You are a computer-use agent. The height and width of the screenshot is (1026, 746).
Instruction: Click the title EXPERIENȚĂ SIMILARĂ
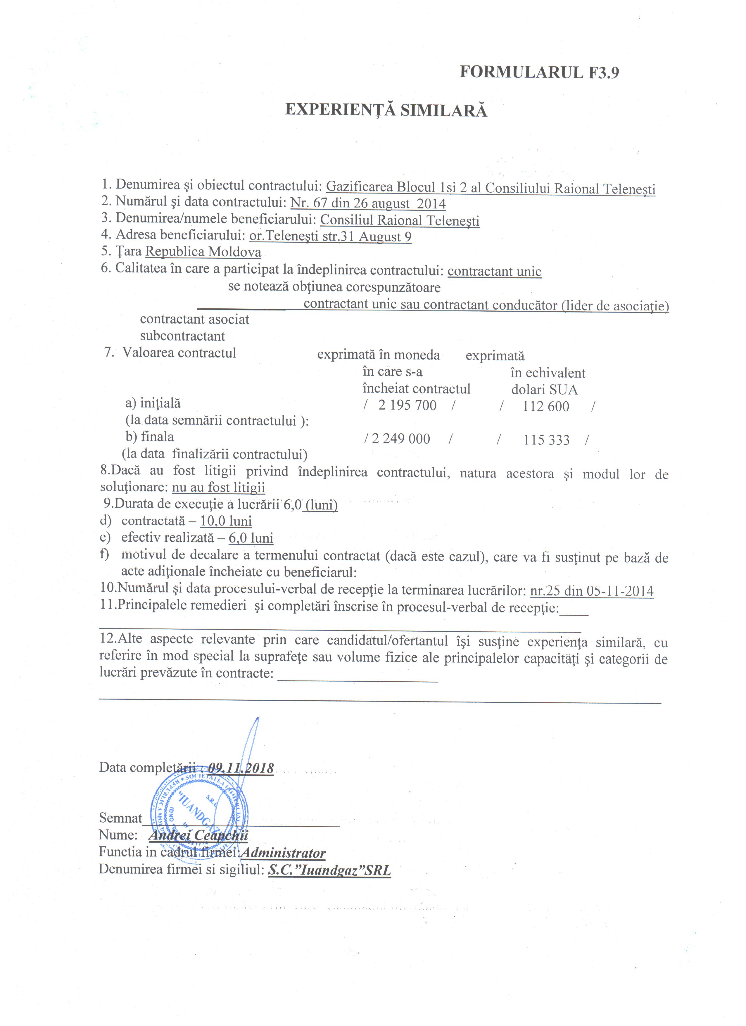[x=386, y=110]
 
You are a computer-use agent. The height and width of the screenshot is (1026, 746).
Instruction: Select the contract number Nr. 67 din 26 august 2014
[x=368, y=203]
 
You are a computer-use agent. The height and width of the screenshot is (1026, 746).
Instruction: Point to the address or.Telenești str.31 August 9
[x=330, y=236]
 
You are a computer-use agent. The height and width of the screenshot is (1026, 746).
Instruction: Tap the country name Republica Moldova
[x=203, y=252]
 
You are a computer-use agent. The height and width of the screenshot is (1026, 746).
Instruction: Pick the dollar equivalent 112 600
[x=545, y=406]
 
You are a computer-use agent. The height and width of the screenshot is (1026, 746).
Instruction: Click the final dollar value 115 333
[x=547, y=440]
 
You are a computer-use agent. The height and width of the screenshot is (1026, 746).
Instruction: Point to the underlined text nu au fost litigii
[x=218, y=487]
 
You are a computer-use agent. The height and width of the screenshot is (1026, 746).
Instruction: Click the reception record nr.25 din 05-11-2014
[x=592, y=591]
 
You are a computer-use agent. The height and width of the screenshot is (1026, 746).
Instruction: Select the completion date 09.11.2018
[x=241, y=768]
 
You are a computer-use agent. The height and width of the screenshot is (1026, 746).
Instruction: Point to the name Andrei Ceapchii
[x=198, y=835]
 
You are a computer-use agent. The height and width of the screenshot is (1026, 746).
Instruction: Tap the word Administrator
[x=283, y=853]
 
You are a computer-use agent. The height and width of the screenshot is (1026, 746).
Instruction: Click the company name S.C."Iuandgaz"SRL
[x=329, y=870]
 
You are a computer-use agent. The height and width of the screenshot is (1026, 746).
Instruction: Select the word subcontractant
[x=182, y=336]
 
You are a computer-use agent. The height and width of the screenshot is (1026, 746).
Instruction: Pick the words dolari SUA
[x=544, y=389]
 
